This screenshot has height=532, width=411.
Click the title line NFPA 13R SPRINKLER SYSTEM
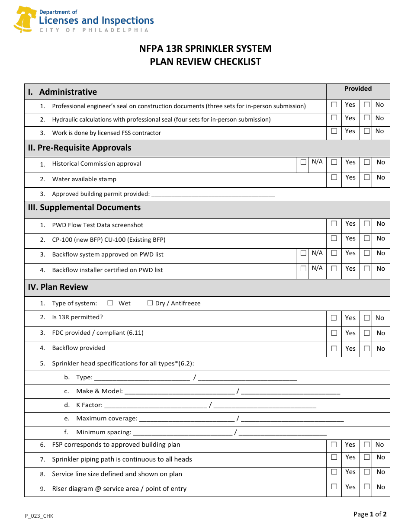pyautogui.click(x=205, y=48)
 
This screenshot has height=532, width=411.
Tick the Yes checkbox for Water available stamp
pyautogui.click(x=334, y=177)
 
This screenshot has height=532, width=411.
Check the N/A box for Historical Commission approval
pyautogui.click(x=304, y=162)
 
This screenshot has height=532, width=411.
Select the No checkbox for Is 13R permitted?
pyautogui.click(x=367, y=318)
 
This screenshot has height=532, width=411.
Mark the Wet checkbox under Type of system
pyautogui.click(x=110, y=303)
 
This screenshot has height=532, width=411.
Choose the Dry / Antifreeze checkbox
pyautogui.click(x=150, y=303)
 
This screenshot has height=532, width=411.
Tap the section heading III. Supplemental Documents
pyautogui.click(x=84, y=208)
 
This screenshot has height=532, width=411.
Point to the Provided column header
pyautogui.click(x=358, y=89)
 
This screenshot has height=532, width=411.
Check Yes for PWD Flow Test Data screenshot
pyautogui.click(x=334, y=224)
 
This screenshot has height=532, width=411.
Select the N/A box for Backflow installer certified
pyautogui.click(x=304, y=268)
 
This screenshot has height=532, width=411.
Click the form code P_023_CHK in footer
pyautogui.click(x=39, y=516)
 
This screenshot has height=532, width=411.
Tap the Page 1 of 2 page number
pyautogui.click(x=370, y=514)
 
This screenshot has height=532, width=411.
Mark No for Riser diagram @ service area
pyautogui.click(x=367, y=487)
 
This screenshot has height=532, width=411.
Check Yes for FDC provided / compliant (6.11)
pyautogui.click(x=334, y=333)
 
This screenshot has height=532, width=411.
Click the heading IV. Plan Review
pyautogui.click(x=58, y=287)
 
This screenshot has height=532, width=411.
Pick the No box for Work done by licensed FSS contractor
pyautogui.click(x=367, y=131)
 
